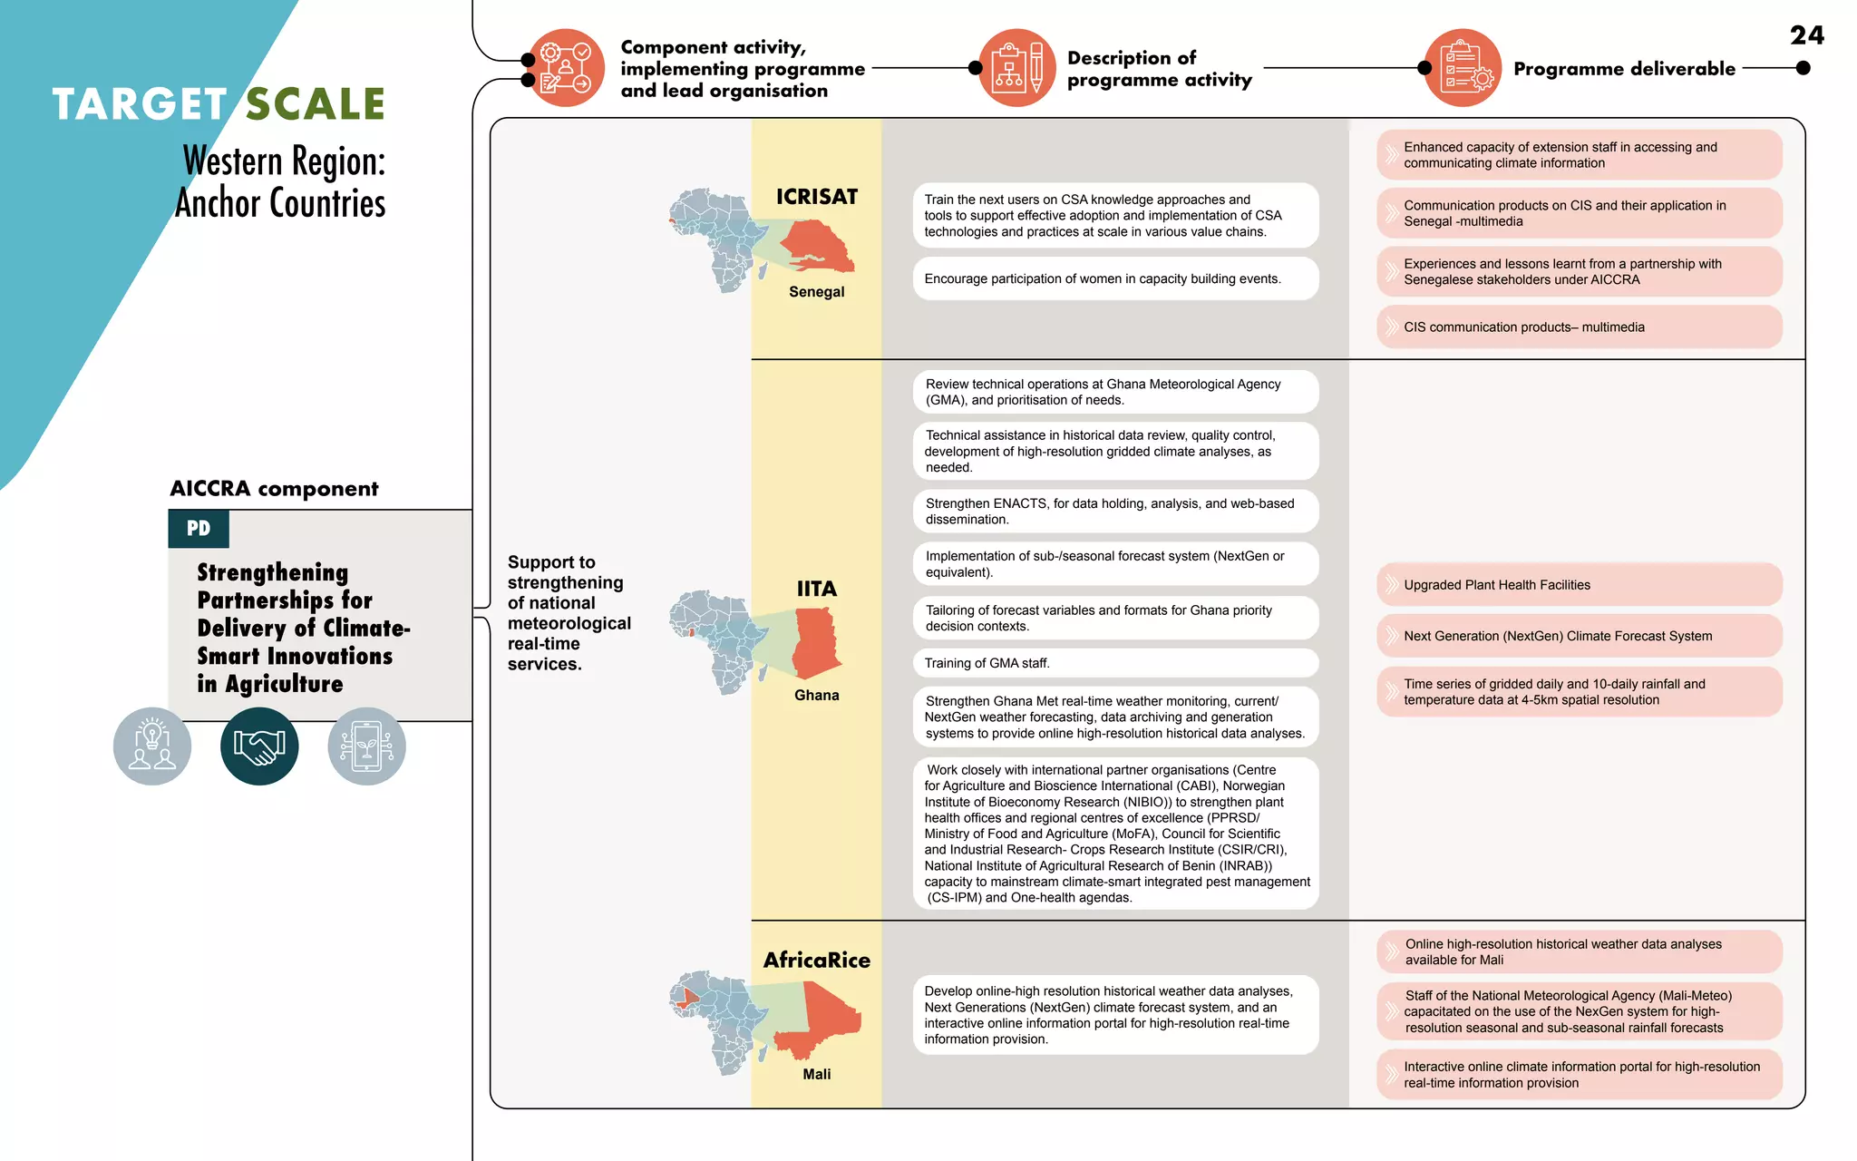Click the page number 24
(1806, 35)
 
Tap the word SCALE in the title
(316, 104)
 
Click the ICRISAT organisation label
(816, 197)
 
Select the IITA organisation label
(816, 589)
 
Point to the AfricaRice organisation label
(816, 960)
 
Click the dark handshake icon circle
(259, 746)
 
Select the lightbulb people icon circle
(152, 746)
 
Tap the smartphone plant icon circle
(366, 746)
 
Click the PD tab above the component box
(199, 529)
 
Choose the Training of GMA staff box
(1115, 663)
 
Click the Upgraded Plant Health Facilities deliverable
(1579, 585)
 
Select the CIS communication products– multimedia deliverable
(1579, 327)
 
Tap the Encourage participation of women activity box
(1115, 278)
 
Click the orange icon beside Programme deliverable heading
(1463, 68)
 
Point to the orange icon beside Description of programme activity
(1016, 68)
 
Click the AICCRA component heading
(274, 489)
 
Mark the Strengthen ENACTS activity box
(1115, 512)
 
